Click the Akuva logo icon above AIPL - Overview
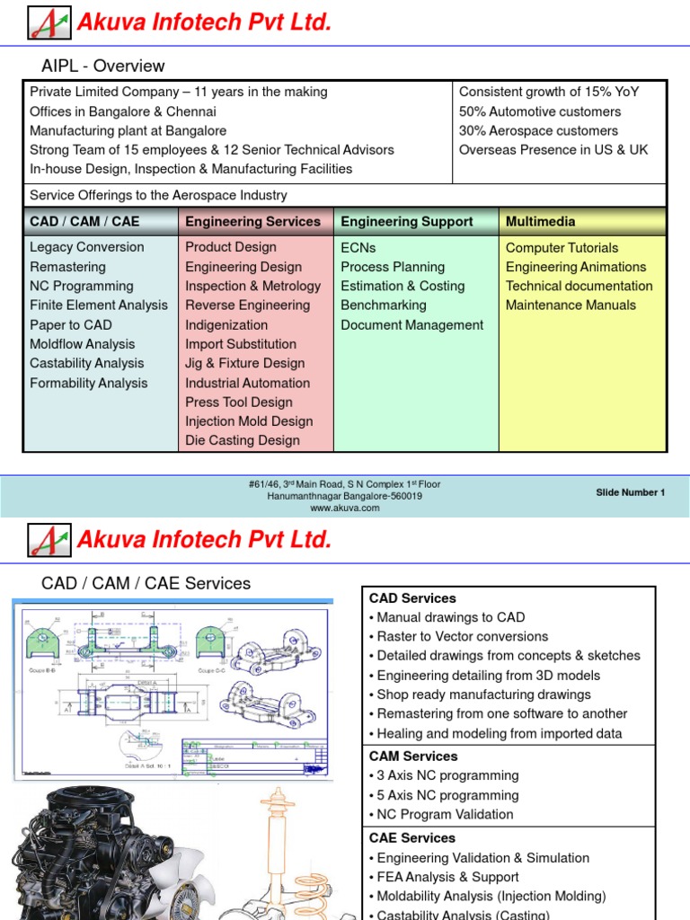[x=49, y=22]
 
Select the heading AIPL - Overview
[x=103, y=66]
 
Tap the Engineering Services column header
[x=252, y=221]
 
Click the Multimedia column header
[x=541, y=221]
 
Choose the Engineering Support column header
[x=406, y=221]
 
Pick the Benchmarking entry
[x=384, y=305]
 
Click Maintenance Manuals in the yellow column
[x=571, y=305]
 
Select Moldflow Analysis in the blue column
[x=83, y=344]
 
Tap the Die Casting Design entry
[x=243, y=440]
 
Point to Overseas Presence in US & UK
[x=553, y=150]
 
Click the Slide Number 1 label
[x=631, y=492]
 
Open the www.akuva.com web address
[x=345, y=508]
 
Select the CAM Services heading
[x=413, y=756]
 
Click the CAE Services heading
[x=412, y=838]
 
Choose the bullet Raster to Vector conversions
[x=462, y=637]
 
